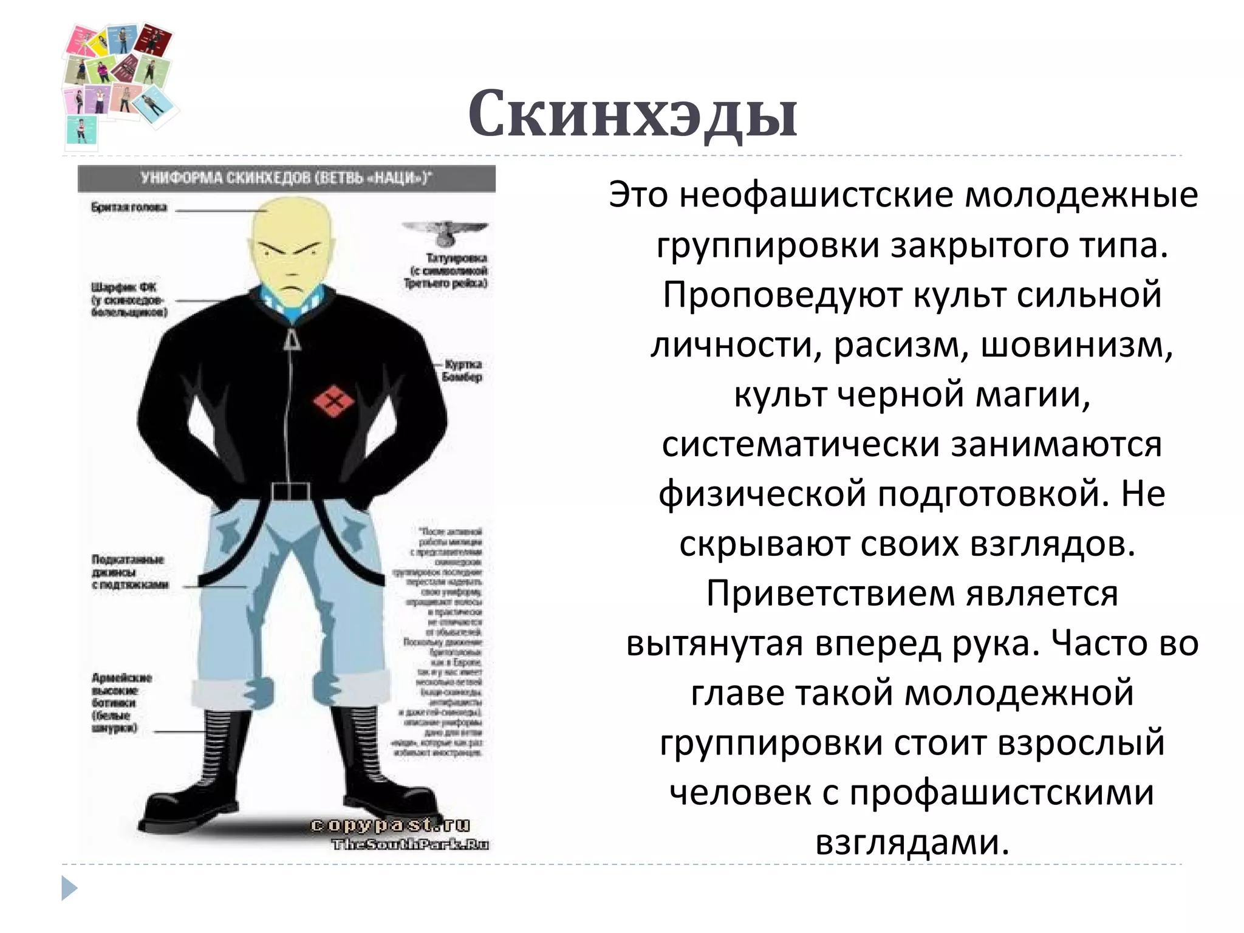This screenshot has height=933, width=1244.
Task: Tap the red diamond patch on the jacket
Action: click(x=333, y=402)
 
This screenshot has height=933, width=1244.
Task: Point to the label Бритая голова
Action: click(x=129, y=208)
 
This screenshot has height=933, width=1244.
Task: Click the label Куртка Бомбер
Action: click(x=463, y=371)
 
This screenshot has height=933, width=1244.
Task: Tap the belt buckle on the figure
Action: click(x=291, y=491)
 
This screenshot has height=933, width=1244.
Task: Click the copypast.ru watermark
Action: click(x=390, y=824)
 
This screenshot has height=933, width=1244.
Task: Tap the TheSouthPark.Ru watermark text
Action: click(x=410, y=844)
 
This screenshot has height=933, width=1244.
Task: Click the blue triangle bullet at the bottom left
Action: click(x=69, y=888)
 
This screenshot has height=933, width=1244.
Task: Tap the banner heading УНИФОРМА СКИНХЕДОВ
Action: click(x=285, y=179)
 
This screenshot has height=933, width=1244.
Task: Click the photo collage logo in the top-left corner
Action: click(x=118, y=85)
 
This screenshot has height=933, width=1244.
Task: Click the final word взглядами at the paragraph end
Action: click(x=912, y=842)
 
